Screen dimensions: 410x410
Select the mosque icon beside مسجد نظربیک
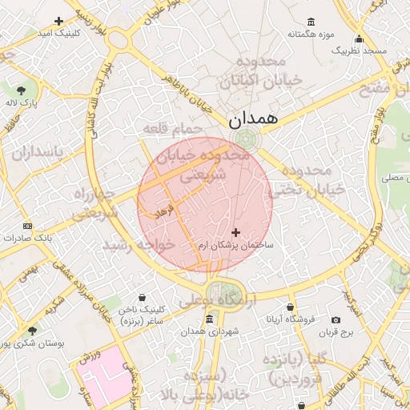click(359, 39)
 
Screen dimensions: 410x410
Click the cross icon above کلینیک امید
click(58, 21)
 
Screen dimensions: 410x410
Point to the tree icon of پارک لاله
click(21, 90)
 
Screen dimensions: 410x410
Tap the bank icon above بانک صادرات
click(28, 227)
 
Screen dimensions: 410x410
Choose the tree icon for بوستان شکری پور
click(32, 331)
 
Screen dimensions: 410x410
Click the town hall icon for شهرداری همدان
click(209, 320)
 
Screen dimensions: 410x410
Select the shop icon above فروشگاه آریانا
click(290, 307)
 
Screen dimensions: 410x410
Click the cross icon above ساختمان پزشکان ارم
click(235, 232)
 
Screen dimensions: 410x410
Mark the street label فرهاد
click(165, 211)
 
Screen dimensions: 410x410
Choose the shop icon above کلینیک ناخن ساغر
click(142, 297)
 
